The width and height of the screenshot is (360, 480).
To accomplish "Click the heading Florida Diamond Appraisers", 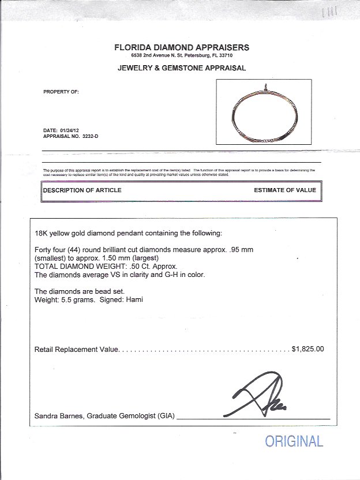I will (182, 48).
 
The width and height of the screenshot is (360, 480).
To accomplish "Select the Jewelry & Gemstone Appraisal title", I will (182, 67).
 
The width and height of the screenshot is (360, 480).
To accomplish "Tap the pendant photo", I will (264, 111).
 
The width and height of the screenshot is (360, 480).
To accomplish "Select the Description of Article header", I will (82, 190).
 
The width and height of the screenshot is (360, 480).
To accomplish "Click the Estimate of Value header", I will (284, 190).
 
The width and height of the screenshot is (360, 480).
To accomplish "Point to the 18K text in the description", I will (41, 233).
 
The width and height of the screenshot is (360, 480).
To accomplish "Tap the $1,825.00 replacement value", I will (308, 349).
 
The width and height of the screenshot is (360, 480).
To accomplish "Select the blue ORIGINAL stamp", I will (294, 442).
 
